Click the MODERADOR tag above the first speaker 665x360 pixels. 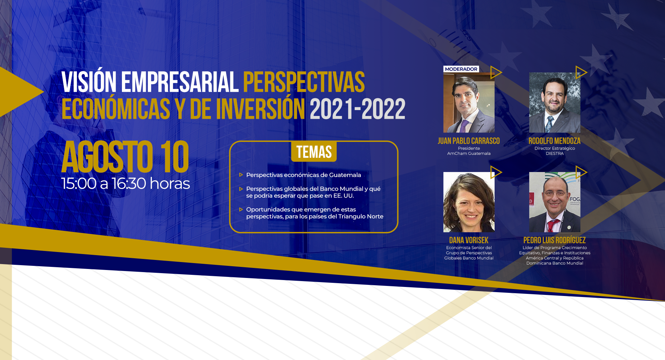tap(461, 69)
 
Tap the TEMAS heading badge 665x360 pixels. tap(314, 152)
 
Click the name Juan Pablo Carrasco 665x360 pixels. tap(469, 141)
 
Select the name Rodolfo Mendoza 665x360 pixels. tap(555, 141)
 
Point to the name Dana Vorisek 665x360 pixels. tap(469, 240)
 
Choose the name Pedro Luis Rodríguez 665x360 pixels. tap(555, 240)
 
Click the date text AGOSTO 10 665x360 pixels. tap(125, 157)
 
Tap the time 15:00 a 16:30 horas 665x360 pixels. tap(126, 183)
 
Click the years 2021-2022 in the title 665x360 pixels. tap(357, 109)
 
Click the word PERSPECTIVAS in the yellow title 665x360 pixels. tap(304, 82)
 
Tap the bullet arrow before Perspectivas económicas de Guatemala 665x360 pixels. tap(241, 175)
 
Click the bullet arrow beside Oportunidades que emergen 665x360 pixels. tap(241, 210)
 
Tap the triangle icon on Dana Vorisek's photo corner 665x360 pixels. tap(496, 172)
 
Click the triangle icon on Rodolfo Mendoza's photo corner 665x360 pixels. tap(581, 72)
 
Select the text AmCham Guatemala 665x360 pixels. tap(469, 154)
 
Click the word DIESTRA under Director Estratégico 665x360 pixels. tap(555, 154)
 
